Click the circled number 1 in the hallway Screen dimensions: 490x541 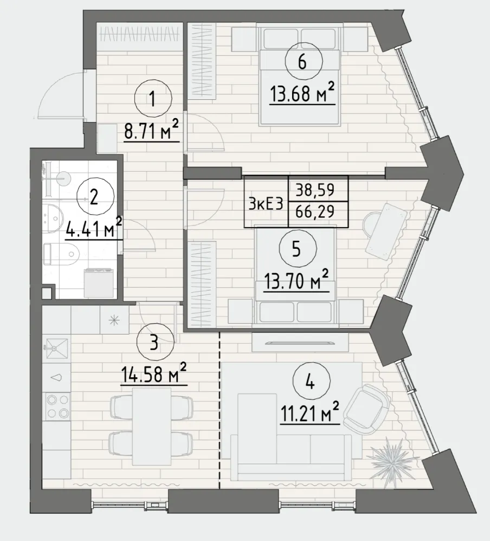coord(153,99)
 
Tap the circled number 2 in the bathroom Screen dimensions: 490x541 coord(94,198)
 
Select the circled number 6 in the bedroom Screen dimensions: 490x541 coord(304,61)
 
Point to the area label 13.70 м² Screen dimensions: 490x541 coord(296,280)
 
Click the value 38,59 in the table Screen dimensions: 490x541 coord(315,189)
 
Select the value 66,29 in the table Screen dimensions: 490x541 coord(315,210)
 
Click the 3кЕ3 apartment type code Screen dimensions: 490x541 coord(266,204)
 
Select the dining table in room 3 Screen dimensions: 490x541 coord(151,426)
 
